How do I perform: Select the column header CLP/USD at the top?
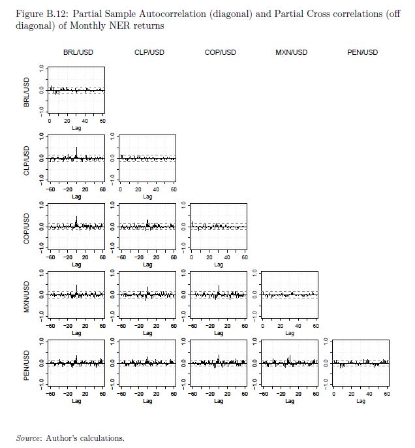point(149,52)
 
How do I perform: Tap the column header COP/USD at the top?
point(220,52)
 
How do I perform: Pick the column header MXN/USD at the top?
point(291,52)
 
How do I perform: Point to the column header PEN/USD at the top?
point(362,52)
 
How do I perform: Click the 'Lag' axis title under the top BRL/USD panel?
point(76,127)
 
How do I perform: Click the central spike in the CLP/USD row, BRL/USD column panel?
point(77,153)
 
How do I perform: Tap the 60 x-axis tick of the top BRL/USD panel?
point(102,121)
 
